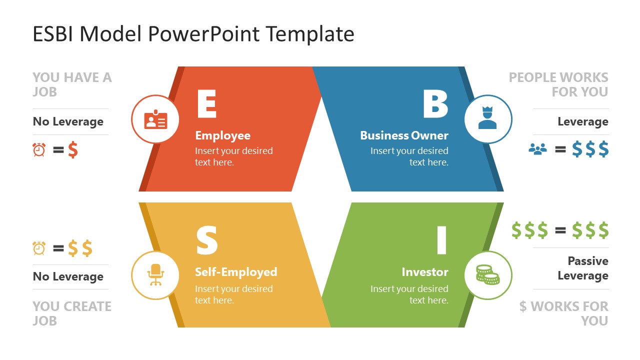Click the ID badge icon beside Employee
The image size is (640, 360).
pos(155,120)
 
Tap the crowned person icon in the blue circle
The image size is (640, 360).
pos(487,119)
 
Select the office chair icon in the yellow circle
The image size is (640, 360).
pos(155,275)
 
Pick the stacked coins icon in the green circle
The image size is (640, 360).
pos(487,275)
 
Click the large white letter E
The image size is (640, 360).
pos(206,104)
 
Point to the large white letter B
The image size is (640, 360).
pos(435,104)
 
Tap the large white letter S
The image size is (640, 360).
pos(206,241)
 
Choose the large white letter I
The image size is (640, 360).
pos(441,240)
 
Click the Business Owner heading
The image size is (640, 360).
pos(404,135)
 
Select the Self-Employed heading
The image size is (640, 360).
pos(236,272)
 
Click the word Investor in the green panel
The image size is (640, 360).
pos(425,272)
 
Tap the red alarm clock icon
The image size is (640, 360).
pos(39,149)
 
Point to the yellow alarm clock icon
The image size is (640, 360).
pos(39,248)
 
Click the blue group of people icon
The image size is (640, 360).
pos(537,149)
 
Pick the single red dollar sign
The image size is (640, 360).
pos(73,149)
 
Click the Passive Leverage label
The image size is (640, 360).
pos(582,268)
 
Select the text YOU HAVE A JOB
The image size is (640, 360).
pos(72,84)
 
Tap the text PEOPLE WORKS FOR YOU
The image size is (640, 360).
pos(558,84)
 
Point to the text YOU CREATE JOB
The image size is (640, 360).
pos(72,313)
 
